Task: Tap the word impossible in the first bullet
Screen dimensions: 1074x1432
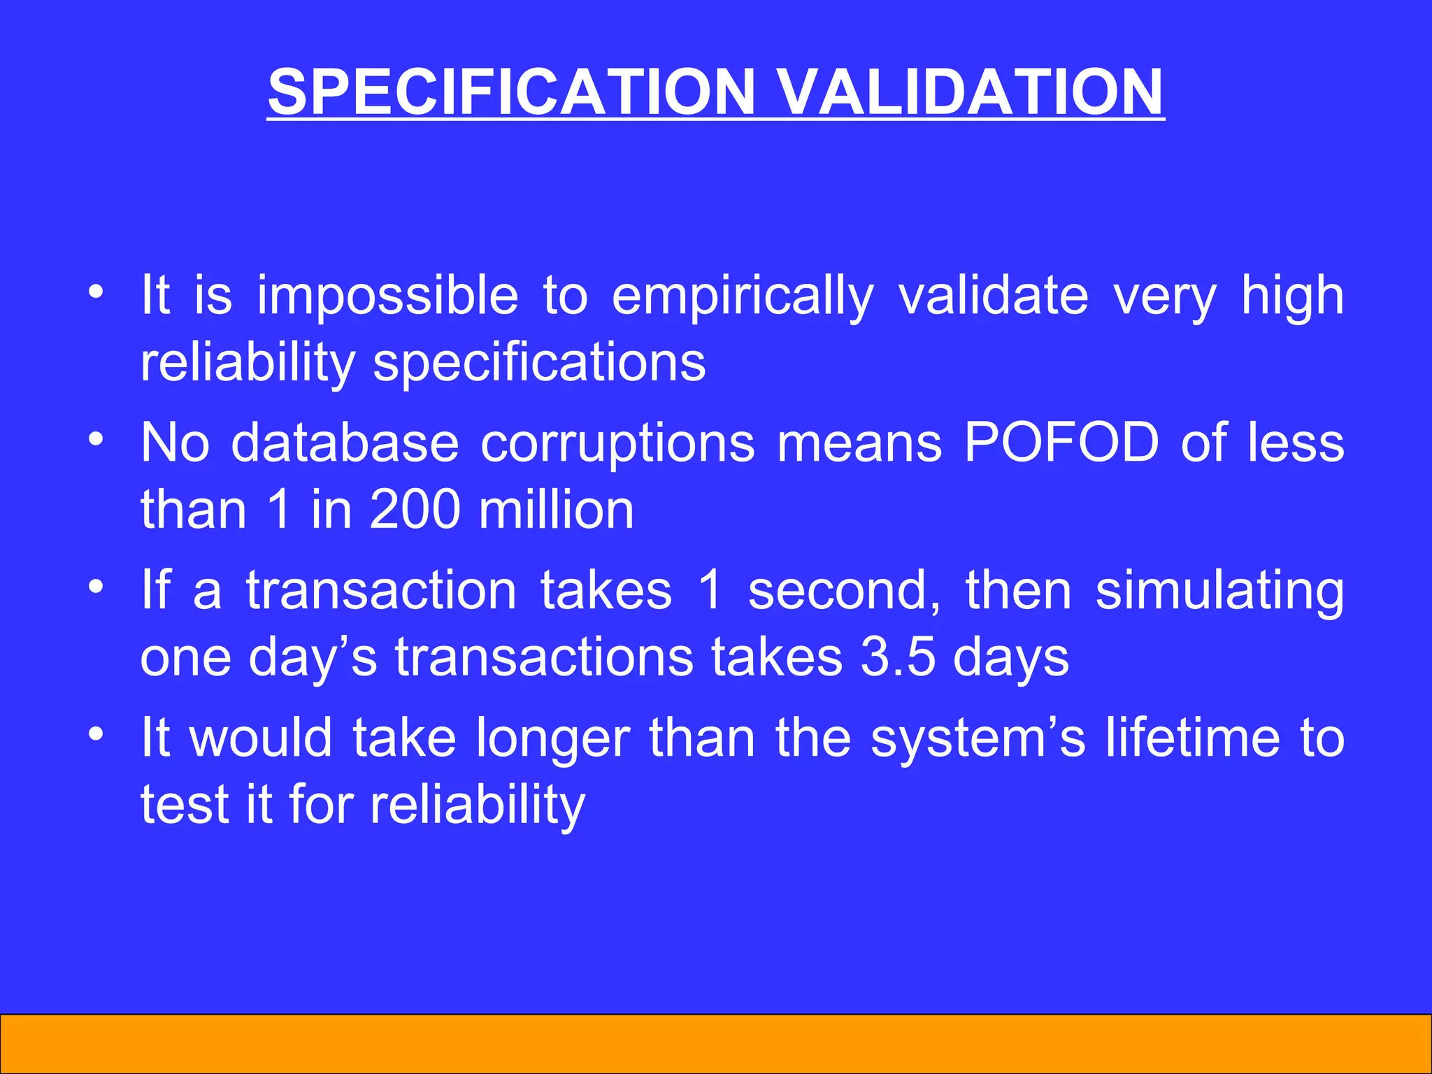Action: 387,296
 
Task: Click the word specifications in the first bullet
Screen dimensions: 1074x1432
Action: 539,364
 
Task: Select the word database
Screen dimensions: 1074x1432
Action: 345,443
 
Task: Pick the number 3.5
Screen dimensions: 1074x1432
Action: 898,657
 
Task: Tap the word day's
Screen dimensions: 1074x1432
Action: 313,659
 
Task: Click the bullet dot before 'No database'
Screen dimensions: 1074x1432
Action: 96,439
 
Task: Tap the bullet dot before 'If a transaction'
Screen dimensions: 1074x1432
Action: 96,586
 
